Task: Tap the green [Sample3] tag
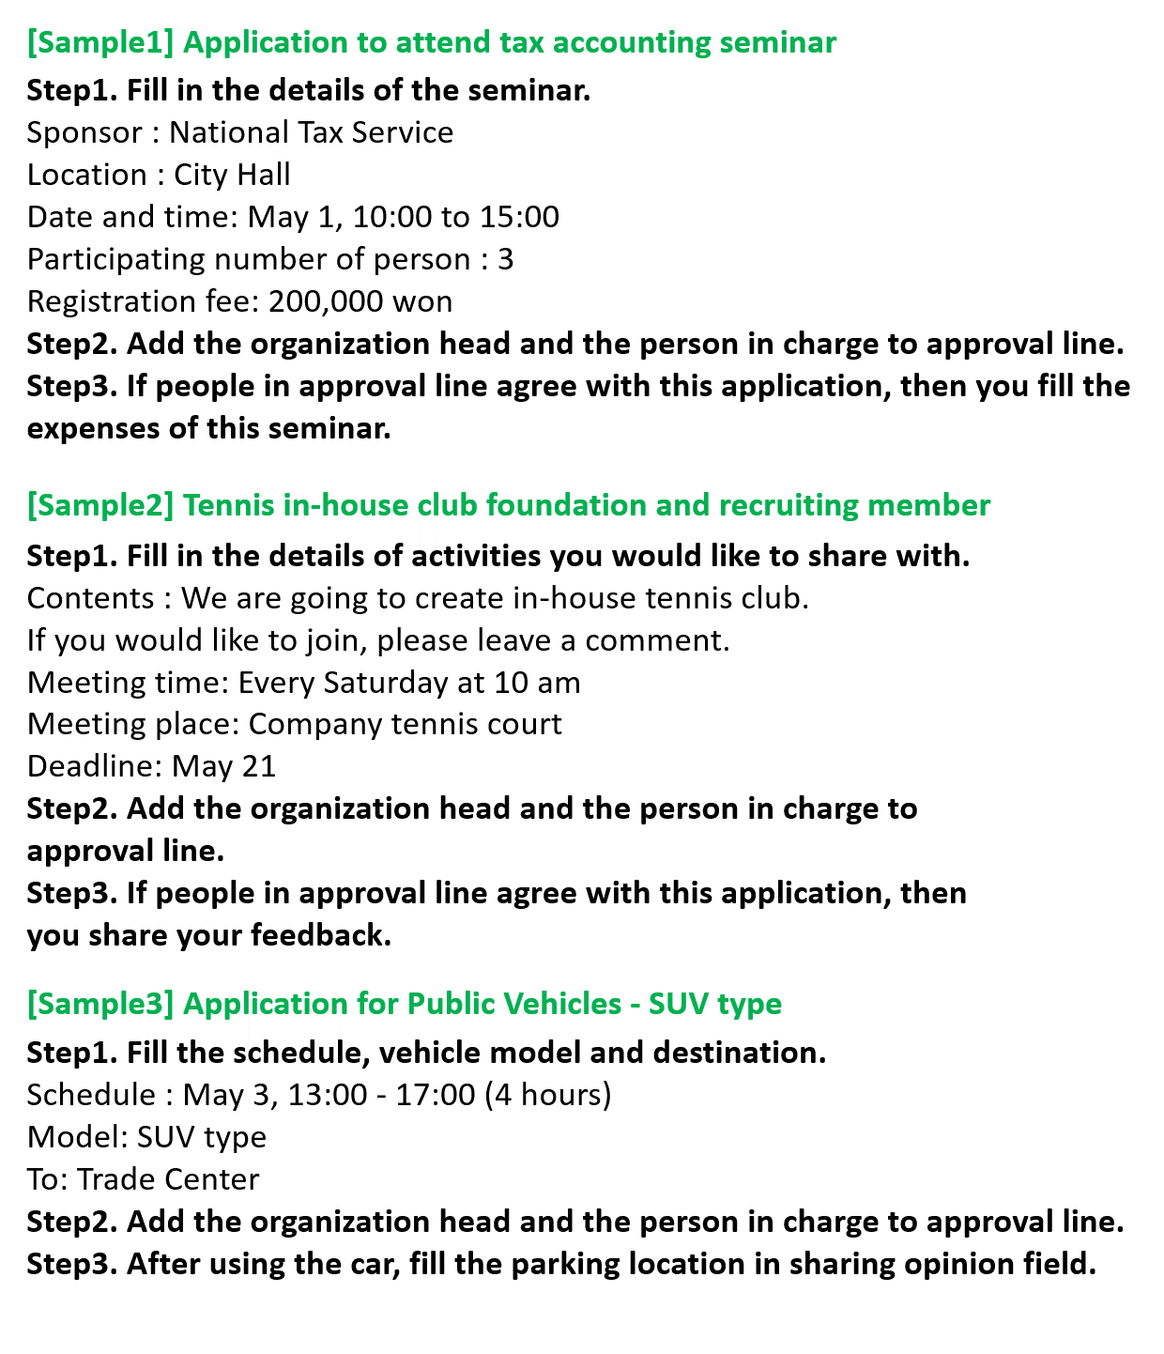coord(100,1004)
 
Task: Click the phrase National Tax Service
coord(311,132)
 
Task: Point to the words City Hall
coord(232,175)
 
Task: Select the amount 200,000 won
coord(360,301)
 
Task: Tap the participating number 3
coord(505,259)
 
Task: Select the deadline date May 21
coord(224,766)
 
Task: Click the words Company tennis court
coord(406,724)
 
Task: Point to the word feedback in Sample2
coord(320,935)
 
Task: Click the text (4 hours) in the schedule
coord(548,1095)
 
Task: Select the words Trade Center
coord(168,1179)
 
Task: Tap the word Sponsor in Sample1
coord(84,132)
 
